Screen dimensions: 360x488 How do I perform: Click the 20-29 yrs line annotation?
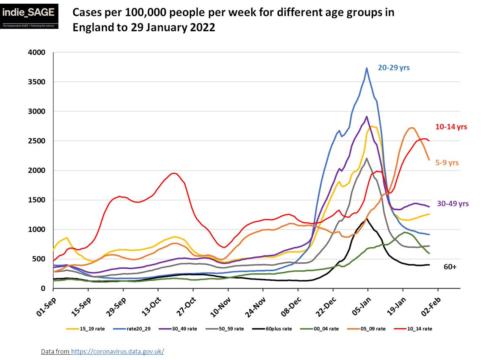pyautogui.click(x=393, y=68)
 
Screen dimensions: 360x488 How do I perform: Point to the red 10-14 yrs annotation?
pyautogui.click(x=451, y=127)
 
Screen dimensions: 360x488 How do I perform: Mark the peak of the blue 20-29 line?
pyautogui.click(x=367, y=68)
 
